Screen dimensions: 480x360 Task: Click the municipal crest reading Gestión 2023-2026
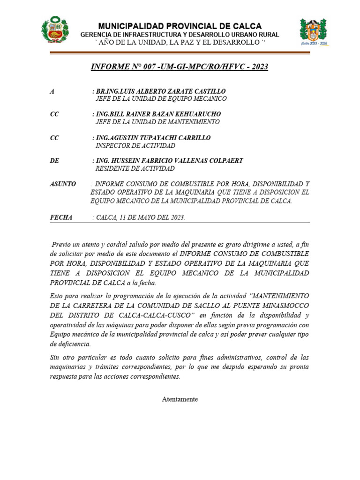[x=313, y=32]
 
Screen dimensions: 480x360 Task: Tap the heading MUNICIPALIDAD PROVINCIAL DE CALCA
[x=180, y=26]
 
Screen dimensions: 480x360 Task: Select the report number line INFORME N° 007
[x=180, y=67]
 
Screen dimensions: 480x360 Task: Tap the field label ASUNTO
[x=63, y=184]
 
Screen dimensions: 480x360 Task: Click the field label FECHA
[x=61, y=217]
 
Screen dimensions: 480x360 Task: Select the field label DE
[x=54, y=161]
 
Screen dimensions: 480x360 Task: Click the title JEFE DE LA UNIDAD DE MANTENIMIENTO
[x=157, y=122]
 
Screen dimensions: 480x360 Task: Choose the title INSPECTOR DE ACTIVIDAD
[x=135, y=146]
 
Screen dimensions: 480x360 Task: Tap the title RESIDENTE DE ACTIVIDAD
[x=135, y=169]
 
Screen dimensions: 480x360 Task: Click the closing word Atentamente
[x=180, y=399]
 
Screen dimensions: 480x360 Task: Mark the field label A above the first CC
[x=52, y=91]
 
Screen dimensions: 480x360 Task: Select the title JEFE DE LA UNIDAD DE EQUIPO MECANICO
[x=161, y=99]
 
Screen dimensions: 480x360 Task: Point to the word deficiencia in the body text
[x=70, y=344]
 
